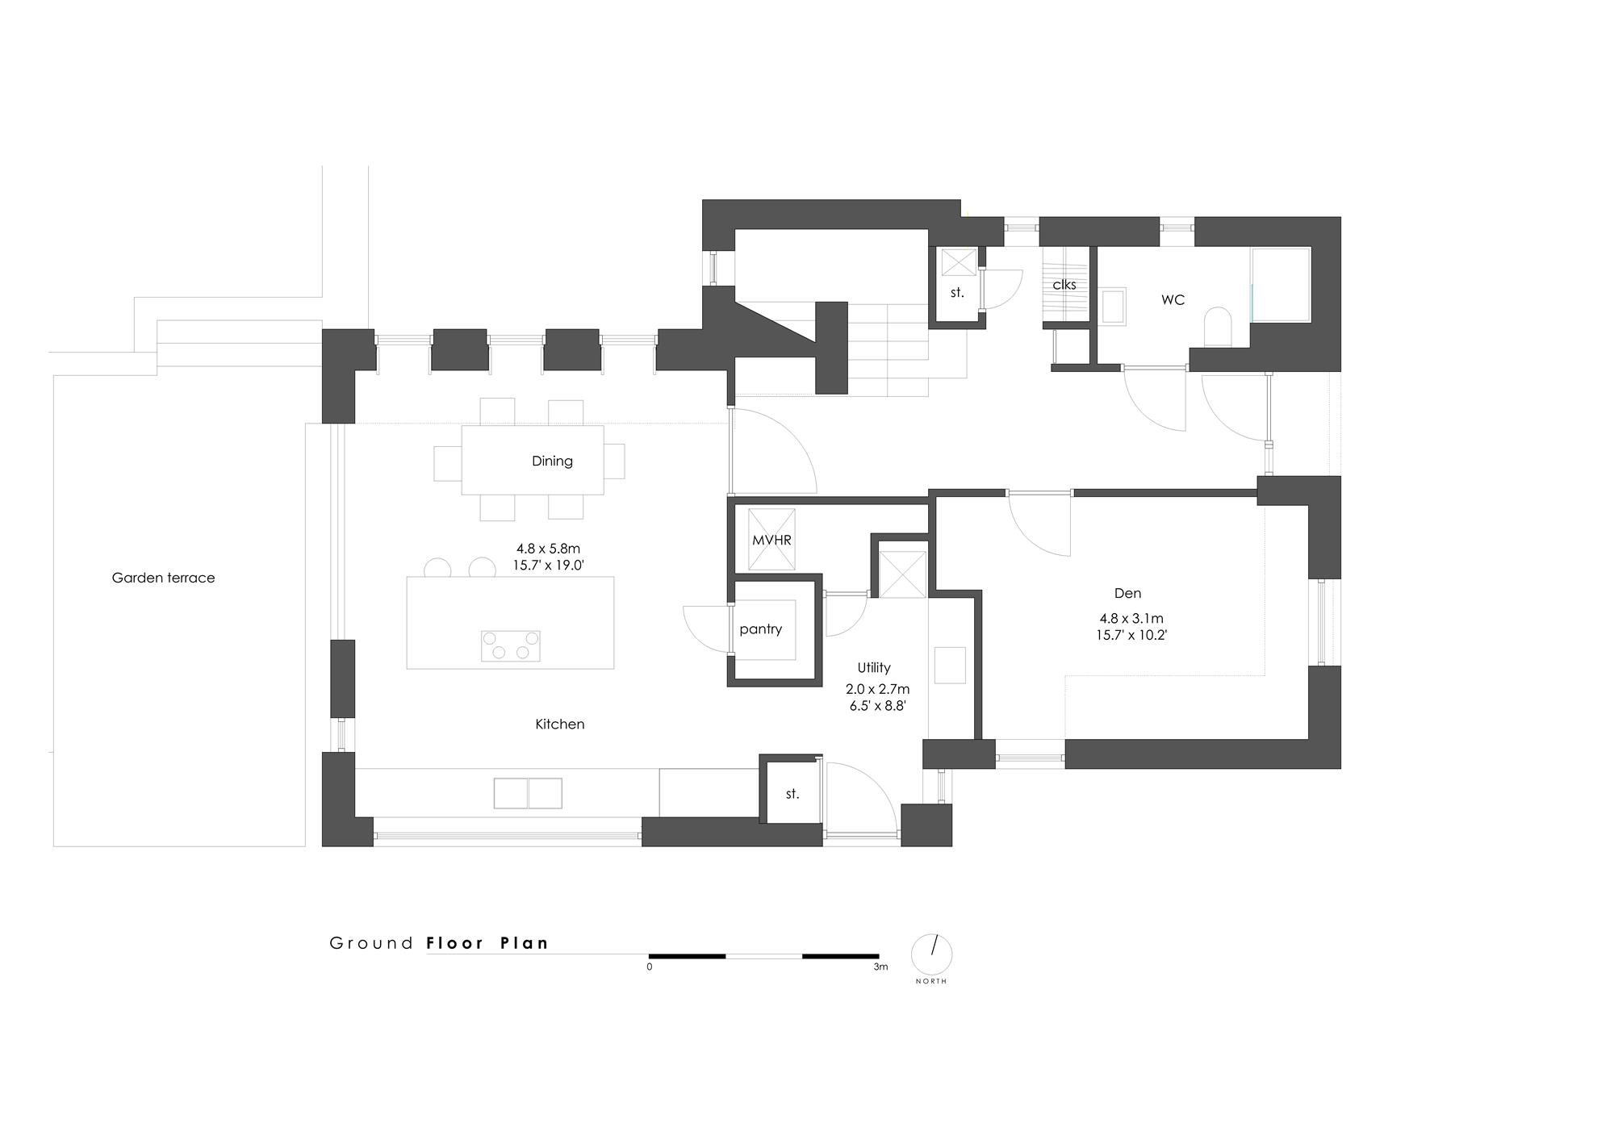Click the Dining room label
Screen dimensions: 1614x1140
(552, 461)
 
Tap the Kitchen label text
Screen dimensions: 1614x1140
(560, 724)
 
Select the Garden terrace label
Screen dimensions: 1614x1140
(163, 578)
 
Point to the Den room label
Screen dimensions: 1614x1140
(1127, 593)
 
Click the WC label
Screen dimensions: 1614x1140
(1173, 299)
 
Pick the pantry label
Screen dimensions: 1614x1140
(761, 629)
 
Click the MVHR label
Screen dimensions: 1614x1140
(771, 541)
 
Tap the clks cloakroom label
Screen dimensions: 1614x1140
(1064, 285)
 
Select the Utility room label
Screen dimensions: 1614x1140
(874, 667)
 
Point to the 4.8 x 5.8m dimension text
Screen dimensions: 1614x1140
(549, 549)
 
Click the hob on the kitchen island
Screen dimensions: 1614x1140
(510, 645)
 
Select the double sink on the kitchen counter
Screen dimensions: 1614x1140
(528, 793)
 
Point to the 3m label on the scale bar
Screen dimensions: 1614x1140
(880, 967)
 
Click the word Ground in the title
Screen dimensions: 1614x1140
(372, 943)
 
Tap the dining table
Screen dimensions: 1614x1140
(533, 460)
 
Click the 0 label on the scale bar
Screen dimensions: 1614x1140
(650, 967)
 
